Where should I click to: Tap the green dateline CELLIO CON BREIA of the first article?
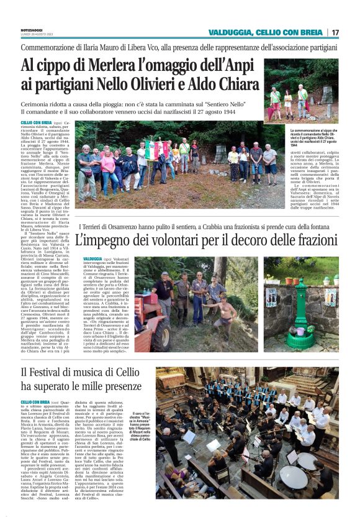(x=35, y=124)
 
